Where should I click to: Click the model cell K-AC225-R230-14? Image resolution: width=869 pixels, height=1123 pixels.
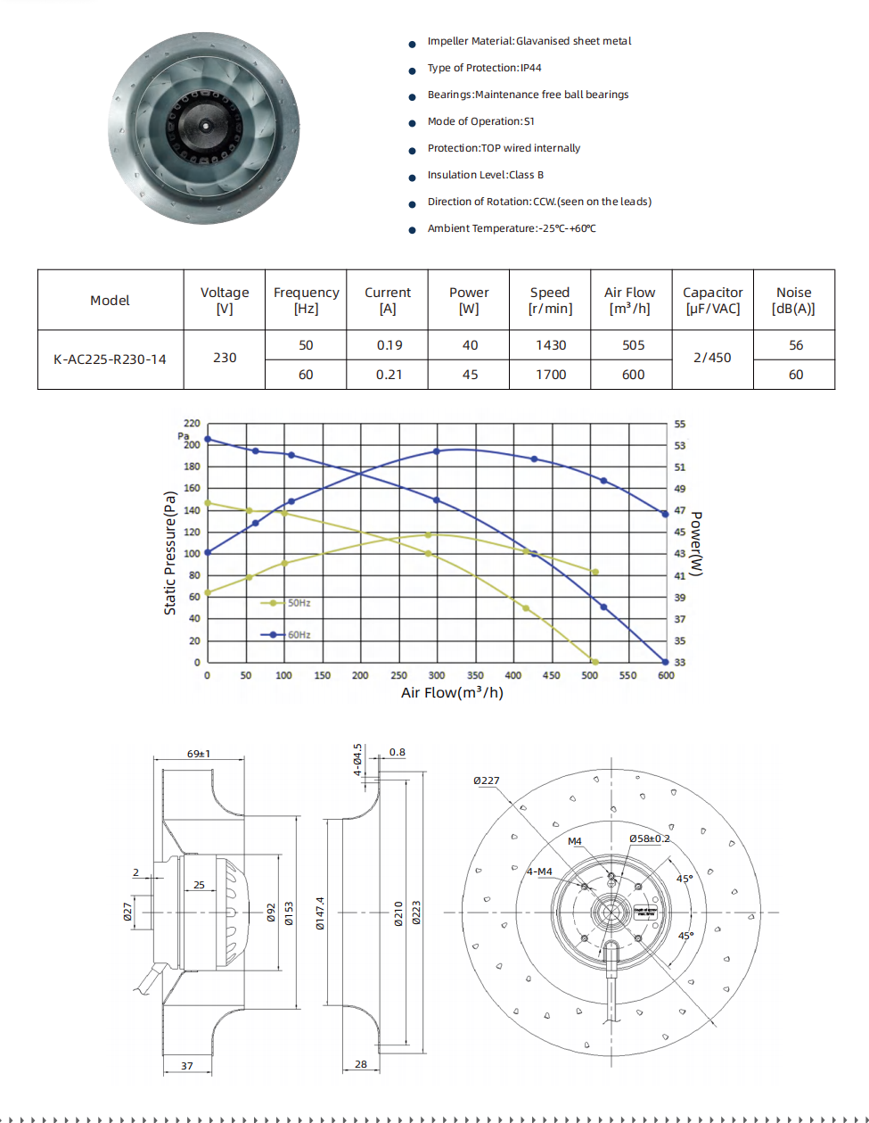[110, 359]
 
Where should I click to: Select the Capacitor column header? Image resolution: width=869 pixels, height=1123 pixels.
[712, 301]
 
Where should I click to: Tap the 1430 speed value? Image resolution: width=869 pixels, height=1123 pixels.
[550, 345]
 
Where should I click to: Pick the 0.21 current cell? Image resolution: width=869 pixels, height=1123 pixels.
[389, 375]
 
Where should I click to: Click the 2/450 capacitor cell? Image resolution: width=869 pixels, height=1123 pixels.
[712, 358]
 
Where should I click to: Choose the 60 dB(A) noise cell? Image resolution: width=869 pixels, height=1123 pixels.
[795, 375]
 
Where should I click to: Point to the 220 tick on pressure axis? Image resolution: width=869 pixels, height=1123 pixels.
[192, 423]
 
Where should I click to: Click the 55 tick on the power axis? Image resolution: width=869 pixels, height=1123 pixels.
[680, 425]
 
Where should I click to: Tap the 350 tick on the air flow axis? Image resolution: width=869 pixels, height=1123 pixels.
[475, 676]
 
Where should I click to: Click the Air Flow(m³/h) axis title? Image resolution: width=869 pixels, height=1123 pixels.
[452, 693]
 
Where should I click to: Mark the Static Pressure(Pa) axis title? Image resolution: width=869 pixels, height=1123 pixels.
[170, 553]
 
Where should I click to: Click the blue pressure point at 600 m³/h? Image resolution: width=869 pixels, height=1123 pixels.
[666, 662]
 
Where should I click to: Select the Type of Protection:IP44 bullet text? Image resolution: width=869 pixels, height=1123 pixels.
[484, 68]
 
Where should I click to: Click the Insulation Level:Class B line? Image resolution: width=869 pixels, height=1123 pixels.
[485, 175]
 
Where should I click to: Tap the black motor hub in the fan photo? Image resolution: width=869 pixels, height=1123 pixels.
[205, 126]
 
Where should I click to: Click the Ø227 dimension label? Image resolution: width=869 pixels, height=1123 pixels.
[486, 780]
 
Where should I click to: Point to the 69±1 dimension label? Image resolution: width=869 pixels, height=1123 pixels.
[198, 754]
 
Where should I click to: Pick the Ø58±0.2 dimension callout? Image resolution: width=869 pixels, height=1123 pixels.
[649, 838]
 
